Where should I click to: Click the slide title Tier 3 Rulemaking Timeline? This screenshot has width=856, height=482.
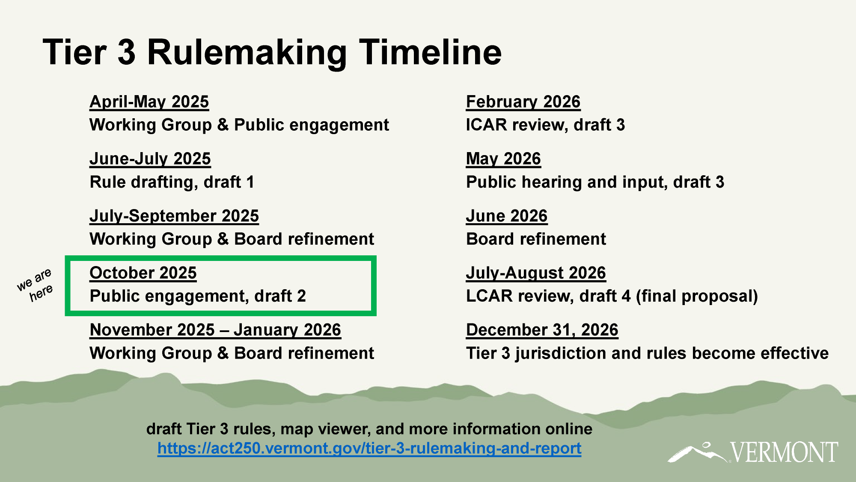click(x=272, y=52)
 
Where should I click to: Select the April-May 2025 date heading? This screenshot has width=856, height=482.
click(x=149, y=102)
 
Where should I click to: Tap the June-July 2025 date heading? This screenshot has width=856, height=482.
click(x=150, y=159)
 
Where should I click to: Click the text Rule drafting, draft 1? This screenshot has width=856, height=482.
click(x=172, y=182)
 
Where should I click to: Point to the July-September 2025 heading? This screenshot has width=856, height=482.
click(x=174, y=216)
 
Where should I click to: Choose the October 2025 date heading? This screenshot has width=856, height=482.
click(x=143, y=273)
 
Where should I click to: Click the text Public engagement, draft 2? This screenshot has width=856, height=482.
click(x=198, y=296)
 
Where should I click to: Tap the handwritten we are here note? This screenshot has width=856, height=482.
click(x=35, y=284)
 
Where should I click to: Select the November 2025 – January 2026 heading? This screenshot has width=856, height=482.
click(x=215, y=330)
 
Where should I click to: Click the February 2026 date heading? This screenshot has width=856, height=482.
click(x=523, y=102)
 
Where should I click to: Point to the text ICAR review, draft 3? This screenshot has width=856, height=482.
click(x=545, y=125)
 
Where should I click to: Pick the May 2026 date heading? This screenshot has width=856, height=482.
click(x=503, y=159)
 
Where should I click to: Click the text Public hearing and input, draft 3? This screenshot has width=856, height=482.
click(x=595, y=182)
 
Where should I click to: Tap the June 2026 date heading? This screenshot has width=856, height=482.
click(x=507, y=216)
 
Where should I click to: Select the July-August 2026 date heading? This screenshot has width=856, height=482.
click(x=536, y=273)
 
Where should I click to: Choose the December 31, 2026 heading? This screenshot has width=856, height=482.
click(x=542, y=330)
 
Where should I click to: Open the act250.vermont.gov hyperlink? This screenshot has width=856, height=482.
click(x=369, y=448)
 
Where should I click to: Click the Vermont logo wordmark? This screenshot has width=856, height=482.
click(x=784, y=452)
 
